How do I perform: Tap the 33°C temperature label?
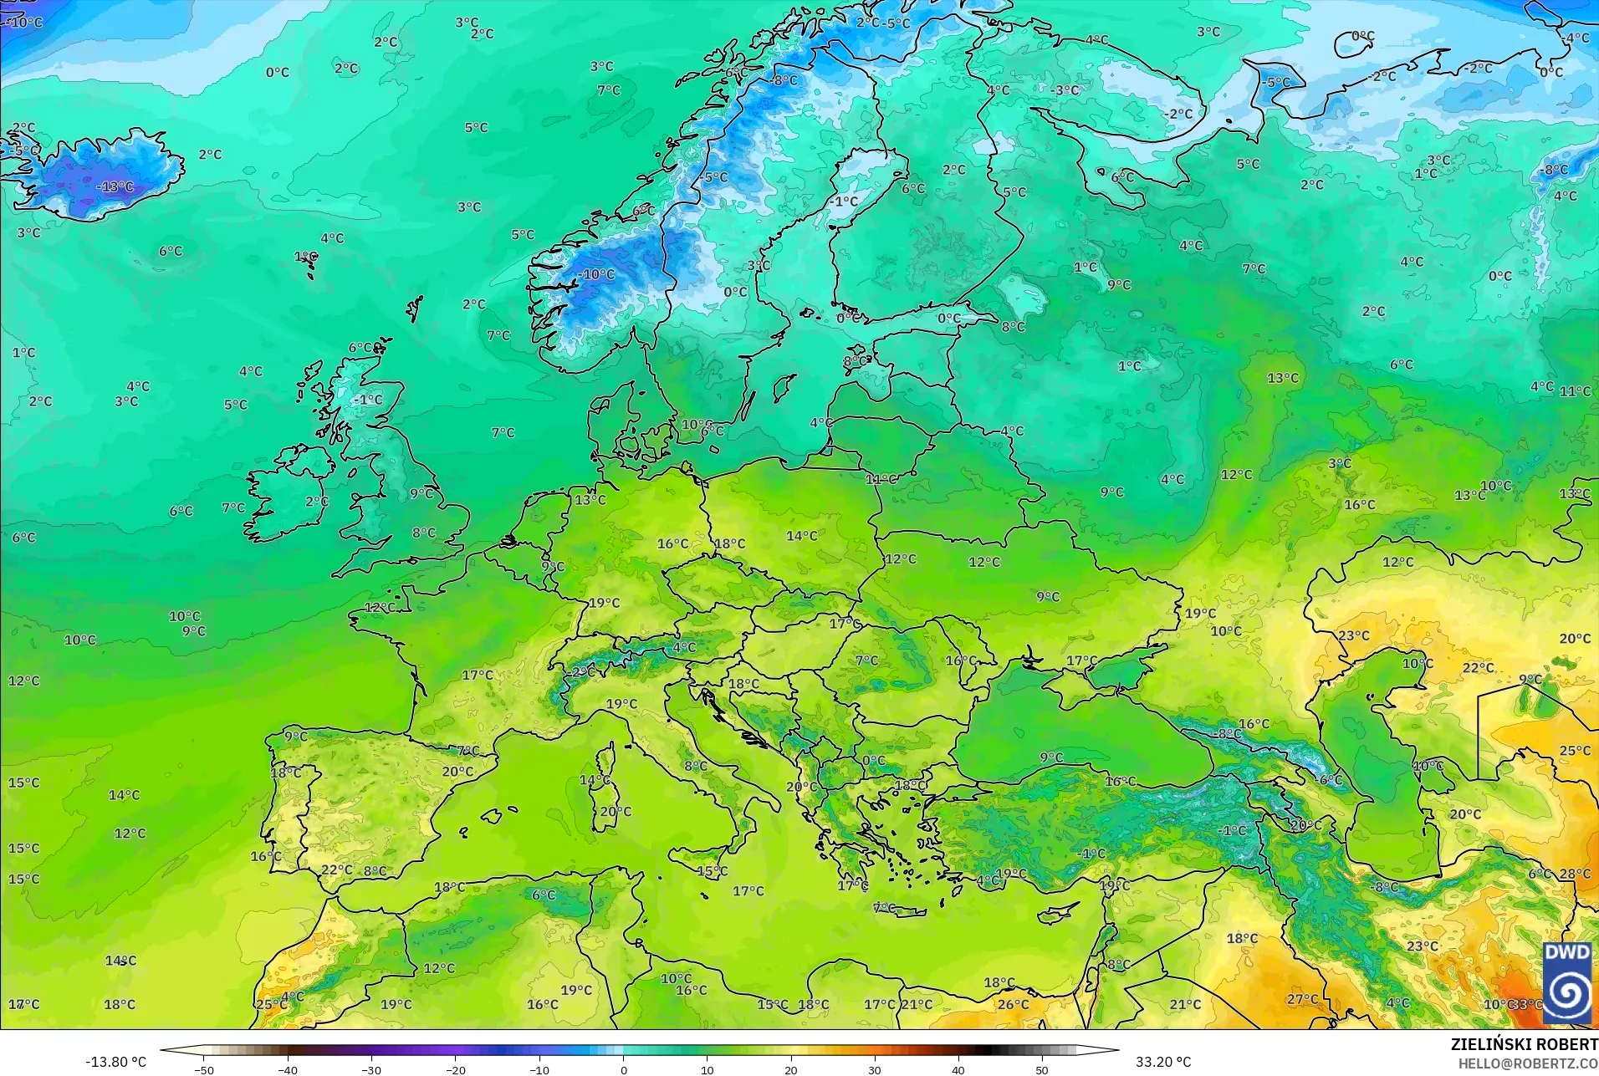click(x=1527, y=1004)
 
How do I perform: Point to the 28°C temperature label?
click(x=1575, y=874)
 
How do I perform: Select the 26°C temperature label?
click(x=1013, y=1004)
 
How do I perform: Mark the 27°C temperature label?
click(x=1302, y=999)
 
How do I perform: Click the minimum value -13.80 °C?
click(x=115, y=1062)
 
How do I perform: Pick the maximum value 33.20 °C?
click(x=1162, y=1062)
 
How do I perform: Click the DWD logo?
click(x=1567, y=982)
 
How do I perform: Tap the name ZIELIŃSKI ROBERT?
click(x=1524, y=1044)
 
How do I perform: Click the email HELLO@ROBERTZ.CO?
click(x=1528, y=1063)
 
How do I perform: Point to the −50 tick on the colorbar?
click(x=204, y=1069)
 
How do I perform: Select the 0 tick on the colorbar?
click(x=623, y=1069)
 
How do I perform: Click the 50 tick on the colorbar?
click(x=1042, y=1069)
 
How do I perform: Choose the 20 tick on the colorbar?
click(x=790, y=1069)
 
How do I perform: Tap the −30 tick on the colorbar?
click(x=371, y=1069)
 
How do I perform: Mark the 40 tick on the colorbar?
click(x=958, y=1069)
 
